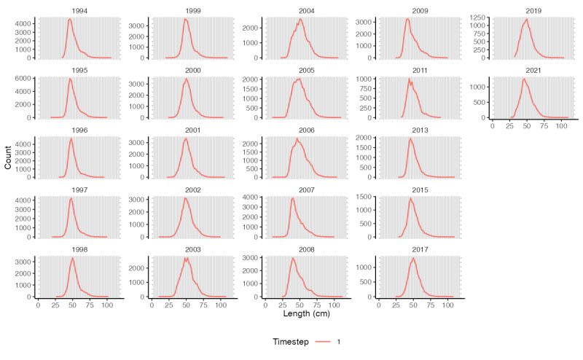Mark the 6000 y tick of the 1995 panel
pos(23,79)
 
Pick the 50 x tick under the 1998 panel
pos(72,305)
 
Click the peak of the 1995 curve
pos(70,79)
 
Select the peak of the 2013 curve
pos(410,138)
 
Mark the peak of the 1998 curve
pos(72,257)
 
